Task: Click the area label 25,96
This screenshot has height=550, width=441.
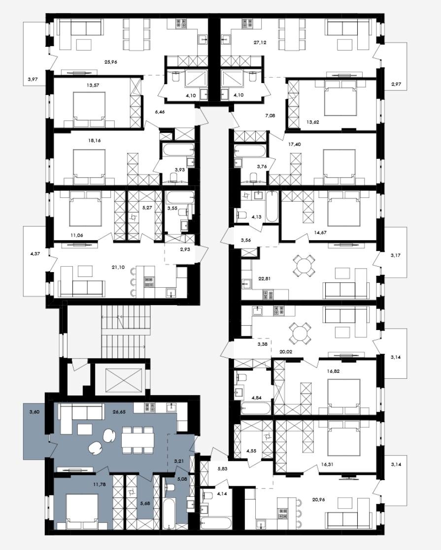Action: [x=111, y=61]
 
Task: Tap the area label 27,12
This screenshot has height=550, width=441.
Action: [x=260, y=42]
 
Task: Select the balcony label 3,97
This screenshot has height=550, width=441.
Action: [x=33, y=79]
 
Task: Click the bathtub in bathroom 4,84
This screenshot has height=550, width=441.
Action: [x=256, y=409]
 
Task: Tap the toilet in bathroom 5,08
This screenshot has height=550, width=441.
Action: [x=171, y=488]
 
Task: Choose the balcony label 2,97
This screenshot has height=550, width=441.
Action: [x=396, y=84]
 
